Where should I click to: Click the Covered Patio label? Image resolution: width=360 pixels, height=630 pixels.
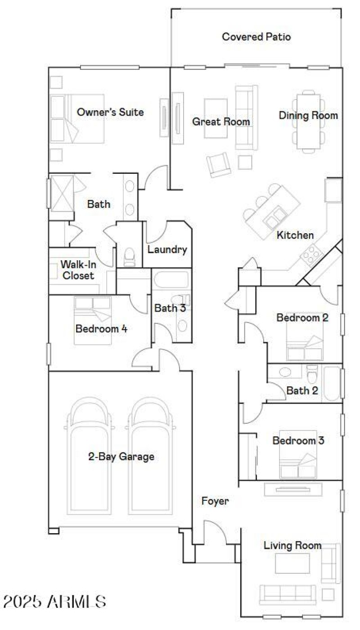click(256, 37)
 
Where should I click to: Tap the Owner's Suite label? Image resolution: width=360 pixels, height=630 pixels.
click(110, 112)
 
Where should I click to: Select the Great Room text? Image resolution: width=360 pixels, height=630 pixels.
click(221, 122)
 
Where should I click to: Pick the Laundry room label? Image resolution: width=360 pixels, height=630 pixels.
click(167, 250)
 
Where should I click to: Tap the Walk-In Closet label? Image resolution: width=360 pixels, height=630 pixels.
click(78, 270)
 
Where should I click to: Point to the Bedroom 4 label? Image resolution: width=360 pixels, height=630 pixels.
click(101, 329)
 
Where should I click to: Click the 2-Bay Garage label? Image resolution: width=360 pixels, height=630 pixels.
click(121, 457)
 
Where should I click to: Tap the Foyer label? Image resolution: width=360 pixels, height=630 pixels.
click(215, 501)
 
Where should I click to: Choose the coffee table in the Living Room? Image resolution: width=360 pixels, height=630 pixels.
click(292, 562)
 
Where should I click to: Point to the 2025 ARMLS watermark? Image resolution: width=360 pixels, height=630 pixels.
click(54, 601)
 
